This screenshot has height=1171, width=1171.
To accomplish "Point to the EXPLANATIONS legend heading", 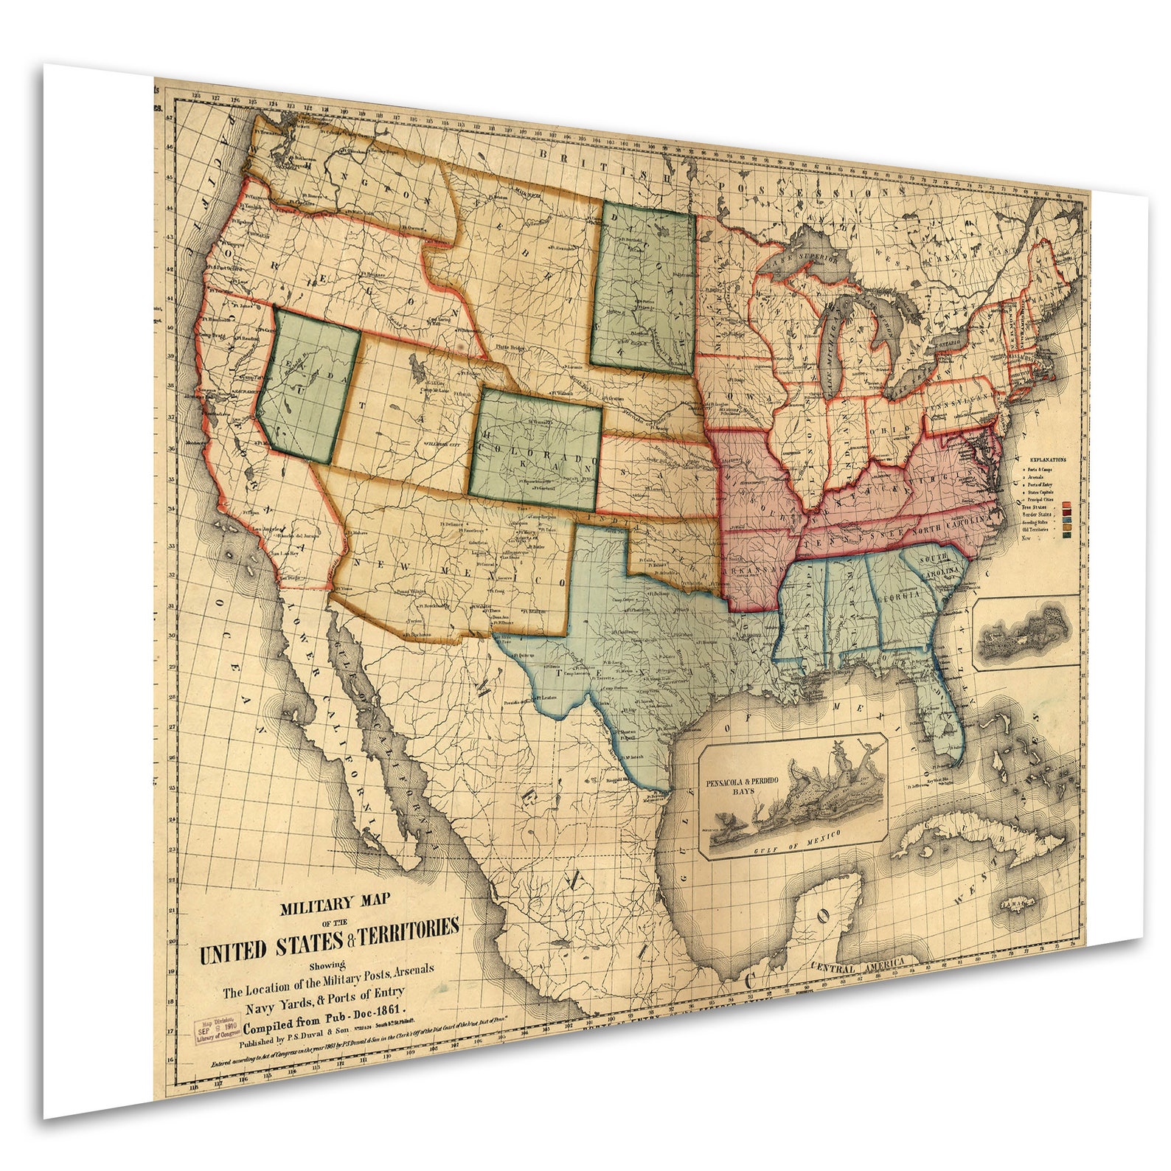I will coord(1046,459).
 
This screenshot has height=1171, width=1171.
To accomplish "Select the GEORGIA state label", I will coord(897,596).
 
